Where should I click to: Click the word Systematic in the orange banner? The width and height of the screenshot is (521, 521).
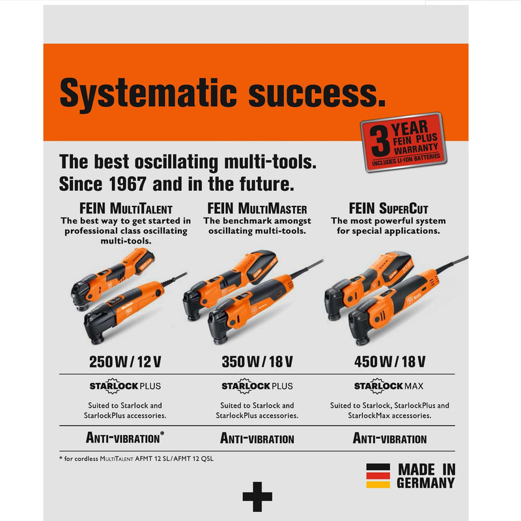pyautogui.click(x=148, y=94)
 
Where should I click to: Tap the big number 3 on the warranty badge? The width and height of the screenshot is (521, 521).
pyautogui.click(x=380, y=142)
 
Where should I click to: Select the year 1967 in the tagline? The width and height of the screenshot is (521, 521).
pyautogui.click(x=128, y=184)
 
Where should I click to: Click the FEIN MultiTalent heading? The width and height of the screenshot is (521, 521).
pyautogui.click(x=126, y=208)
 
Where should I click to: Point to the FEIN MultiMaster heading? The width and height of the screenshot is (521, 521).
pyautogui.click(x=257, y=208)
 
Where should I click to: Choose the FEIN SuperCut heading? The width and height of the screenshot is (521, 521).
pyautogui.click(x=388, y=208)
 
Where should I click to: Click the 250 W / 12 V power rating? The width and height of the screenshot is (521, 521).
pyautogui.click(x=125, y=362)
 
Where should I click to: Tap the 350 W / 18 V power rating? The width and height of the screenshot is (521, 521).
pyautogui.click(x=257, y=362)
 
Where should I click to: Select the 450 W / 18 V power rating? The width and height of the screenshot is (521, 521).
pyautogui.click(x=389, y=362)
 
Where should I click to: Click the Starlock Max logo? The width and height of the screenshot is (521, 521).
pyautogui.click(x=389, y=386)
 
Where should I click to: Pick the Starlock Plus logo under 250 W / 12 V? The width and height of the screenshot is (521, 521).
pyautogui.click(x=125, y=386)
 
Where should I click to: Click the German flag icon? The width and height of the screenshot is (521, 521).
pyautogui.click(x=378, y=476)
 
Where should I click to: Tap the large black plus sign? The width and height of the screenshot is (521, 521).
pyautogui.click(x=257, y=497)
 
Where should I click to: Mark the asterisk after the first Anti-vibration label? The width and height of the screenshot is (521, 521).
pyautogui.click(x=162, y=434)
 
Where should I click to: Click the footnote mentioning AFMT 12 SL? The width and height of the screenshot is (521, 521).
pyautogui.click(x=137, y=459)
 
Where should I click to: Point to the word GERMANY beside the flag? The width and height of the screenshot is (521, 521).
pyautogui.click(x=426, y=483)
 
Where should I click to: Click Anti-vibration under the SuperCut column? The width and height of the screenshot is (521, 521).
pyautogui.click(x=389, y=438)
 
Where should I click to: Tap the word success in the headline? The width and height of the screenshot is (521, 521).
pyautogui.click(x=317, y=94)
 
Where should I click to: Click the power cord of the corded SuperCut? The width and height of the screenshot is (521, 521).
pyautogui.click(x=452, y=264)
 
